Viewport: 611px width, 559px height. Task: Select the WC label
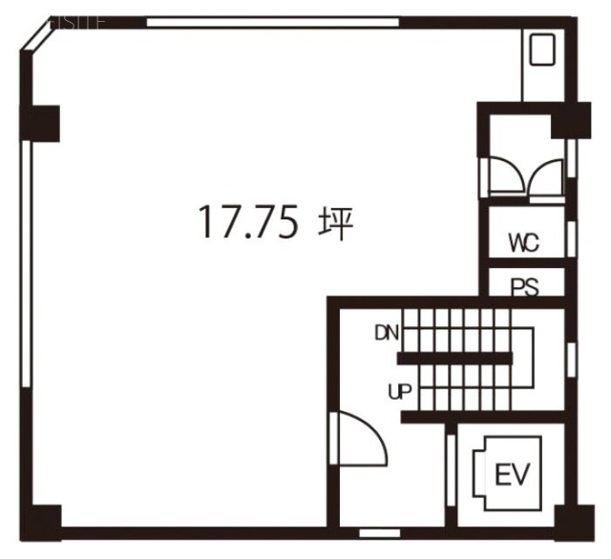click(523, 242)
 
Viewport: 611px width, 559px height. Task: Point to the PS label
click(524, 287)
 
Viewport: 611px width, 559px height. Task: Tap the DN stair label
click(387, 333)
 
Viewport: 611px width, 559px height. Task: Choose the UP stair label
click(398, 390)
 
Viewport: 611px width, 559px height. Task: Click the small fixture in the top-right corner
click(543, 49)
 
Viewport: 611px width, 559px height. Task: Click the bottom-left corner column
click(40, 524)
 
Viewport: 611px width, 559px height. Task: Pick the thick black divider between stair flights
click(454, 359)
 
